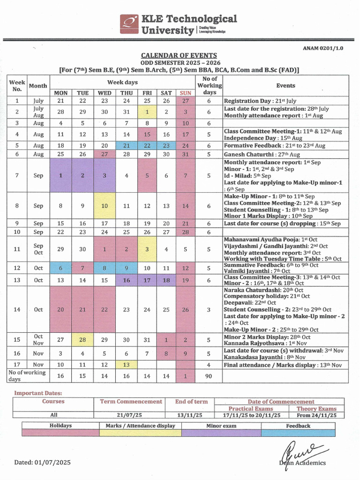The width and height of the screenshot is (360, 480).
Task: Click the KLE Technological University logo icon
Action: point(129,25)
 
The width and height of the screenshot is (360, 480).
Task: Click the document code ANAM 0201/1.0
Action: point(323,48)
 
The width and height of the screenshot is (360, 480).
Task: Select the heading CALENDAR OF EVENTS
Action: point(180,55)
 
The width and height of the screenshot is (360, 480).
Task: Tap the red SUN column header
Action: point(186,93)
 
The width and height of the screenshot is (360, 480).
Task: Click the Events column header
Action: point(285,85)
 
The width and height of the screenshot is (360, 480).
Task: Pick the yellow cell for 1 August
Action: point(147,112)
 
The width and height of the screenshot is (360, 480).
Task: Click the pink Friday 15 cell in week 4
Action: point(147,134)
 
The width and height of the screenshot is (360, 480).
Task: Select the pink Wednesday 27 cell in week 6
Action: point(105,154)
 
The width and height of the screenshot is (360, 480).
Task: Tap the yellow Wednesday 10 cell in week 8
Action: point(105,206)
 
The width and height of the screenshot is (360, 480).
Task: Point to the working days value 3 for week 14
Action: point(209,309)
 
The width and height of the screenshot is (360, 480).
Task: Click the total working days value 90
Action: point(209,376)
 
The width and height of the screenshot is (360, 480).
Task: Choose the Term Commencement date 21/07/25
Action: point(131,415)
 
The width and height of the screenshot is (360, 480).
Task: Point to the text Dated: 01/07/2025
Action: point(42,462)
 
